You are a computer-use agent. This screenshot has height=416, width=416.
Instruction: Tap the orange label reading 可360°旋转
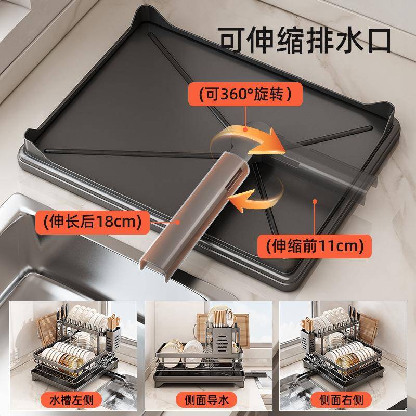point(243,95)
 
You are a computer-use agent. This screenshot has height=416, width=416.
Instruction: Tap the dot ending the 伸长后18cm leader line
point(179,221)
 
